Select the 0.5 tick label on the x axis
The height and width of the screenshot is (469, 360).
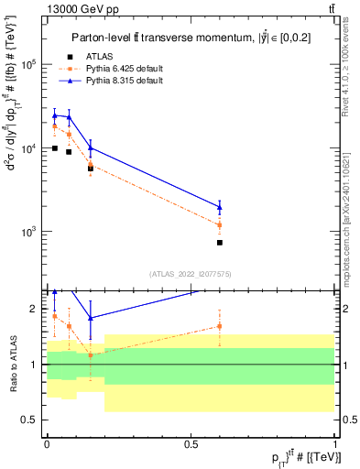[191, 443]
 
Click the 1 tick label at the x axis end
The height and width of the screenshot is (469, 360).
[334, 443]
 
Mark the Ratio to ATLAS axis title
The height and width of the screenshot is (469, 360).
[12, 365]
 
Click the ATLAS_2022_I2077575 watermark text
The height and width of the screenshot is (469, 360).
[190, 273]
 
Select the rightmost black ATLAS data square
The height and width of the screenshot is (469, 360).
[220, 243]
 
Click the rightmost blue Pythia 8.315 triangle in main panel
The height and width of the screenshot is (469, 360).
[220, 207]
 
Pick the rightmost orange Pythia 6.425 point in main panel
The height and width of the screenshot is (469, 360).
[220, 224]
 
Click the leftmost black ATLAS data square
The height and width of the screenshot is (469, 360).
[55, 147]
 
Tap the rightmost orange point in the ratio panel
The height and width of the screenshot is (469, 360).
[220, 326]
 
